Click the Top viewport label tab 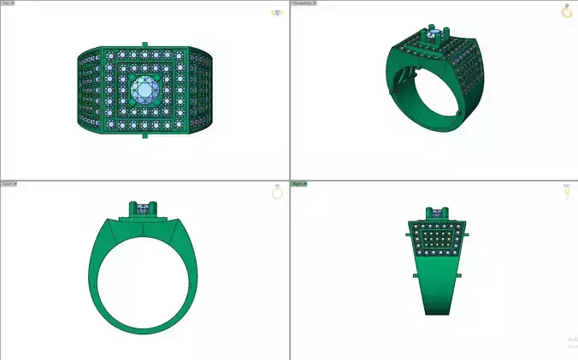[x=8, y=3]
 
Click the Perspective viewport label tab [x=303, y=3]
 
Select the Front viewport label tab [x=8, y=184]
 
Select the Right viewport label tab [x=299, y=184]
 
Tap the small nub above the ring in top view [x=144, y=44]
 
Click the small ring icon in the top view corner [x=277, y=13]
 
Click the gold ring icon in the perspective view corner [x=566, y=11]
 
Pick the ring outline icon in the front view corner [x=277, y=193]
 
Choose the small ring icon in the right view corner [x=566, y=193]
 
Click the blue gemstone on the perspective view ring [x=437, y=35]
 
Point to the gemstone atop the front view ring [x=144, y=206]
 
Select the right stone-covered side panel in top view [x=201, y=91]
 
